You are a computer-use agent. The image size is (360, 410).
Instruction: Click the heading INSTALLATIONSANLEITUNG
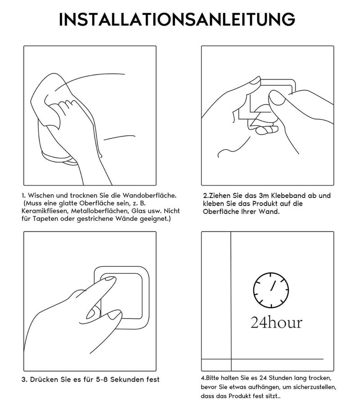pyautogui.click(x=177, y=19)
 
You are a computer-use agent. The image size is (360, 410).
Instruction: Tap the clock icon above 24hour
pyautogui.click(x=271, y=290)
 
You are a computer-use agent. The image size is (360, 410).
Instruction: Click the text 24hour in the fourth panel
pyautogui.click(x=276, y=322)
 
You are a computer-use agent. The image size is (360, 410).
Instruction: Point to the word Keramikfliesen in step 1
pyautogui.click(x=44, y=211)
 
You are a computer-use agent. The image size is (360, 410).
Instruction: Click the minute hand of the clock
pyautogui.click(x=273, y=286)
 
